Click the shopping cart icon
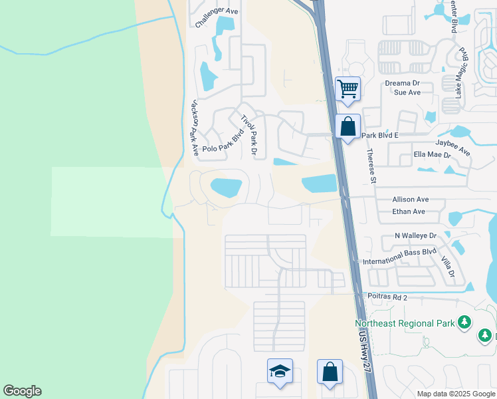click(x=348, y=89)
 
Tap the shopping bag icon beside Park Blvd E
click(x=348, y=126)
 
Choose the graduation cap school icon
click(x=280, y=371)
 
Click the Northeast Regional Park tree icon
click(x=464, y=323)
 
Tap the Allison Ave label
click(x=411, y=199)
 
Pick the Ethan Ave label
click(x=409, y=211)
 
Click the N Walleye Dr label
click(x=415, y=235)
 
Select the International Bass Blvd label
click(x=399, y=256)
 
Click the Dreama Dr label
click(x=403, y=83)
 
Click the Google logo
click(x=22, y=391)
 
